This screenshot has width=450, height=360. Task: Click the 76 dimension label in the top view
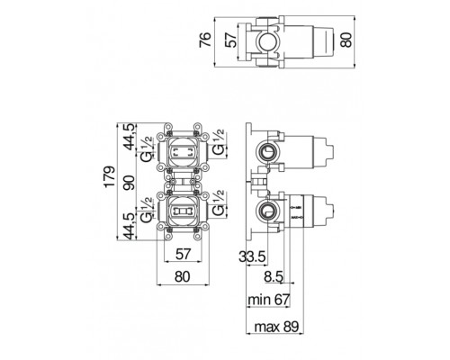pos(206,40)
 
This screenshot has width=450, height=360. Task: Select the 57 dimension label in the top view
pos(231,40)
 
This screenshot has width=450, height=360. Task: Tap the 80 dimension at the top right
pos(346,40)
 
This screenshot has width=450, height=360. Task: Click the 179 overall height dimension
pos(109,176)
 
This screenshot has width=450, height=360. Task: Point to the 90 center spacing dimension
pos(130,183)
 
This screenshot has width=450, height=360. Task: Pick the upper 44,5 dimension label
pos(130,137)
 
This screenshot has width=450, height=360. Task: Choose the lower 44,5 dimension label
pos(130,226)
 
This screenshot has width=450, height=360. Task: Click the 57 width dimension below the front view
pos(183,255)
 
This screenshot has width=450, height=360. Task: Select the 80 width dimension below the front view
pos(182,276)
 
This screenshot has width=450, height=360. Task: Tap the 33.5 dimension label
pos(252,256)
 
